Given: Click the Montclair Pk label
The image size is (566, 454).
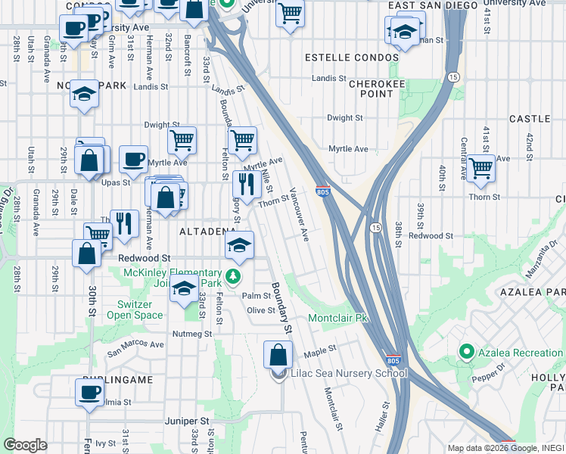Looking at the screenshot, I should (337, 319).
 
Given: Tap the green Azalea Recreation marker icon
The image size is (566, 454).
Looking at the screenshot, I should (465, 353).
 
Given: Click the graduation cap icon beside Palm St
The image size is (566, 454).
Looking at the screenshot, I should (183, 289).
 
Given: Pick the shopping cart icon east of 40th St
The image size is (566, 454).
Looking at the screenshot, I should (480, 168).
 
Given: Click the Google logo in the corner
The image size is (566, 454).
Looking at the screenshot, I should (25, 445).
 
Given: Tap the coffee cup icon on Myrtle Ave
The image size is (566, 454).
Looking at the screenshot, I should (133, 159).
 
